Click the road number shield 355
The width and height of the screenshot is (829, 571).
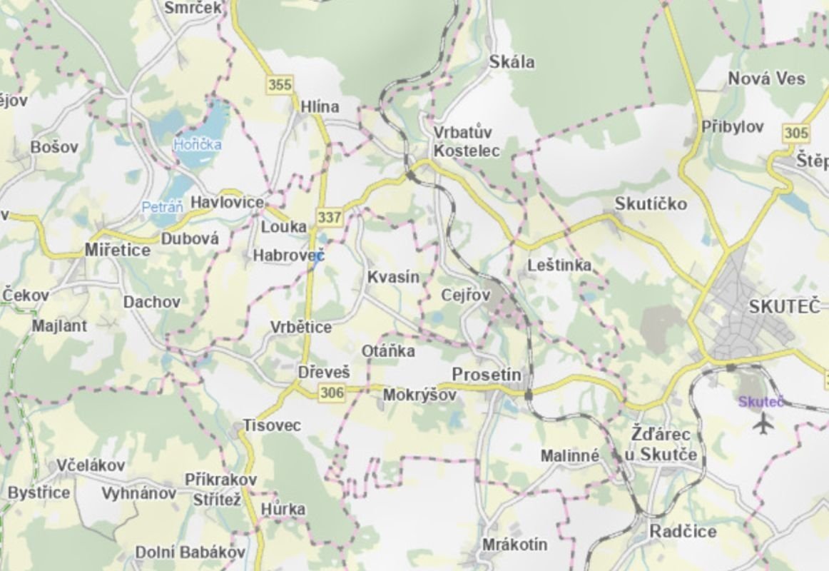pyautogui.click(x=280, y=85)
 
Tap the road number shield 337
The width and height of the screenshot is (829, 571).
pyautogui.click(x=330, y=216)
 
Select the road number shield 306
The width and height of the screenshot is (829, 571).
pyautogui.click(x=332, y=392)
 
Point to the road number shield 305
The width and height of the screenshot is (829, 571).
pyautogui.click(x=796, y=133)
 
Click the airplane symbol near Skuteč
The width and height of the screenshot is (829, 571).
pyautogui.click(x=763, y=424)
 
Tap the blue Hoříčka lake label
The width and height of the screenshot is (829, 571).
pyautogui.click(x=198, y=145)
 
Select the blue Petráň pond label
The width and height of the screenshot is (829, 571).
pyautogui.click(x=163, y=207)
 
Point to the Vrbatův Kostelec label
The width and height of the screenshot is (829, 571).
pyautogui.click(x=467, y=141)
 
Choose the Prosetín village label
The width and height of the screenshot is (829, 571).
pyautogui.click(x=487, y=375)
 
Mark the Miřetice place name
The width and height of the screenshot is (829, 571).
pyautogui.click(x=118, y=250)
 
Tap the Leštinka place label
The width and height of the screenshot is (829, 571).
pyautogui.click(x=559, y=266)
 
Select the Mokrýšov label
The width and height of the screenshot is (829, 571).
pyautogui.click(x=419, y=395)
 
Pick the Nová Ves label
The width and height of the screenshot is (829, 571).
pyautogui.click(x=766, y=79)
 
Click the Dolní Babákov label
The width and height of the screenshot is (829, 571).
pyautogui.click(x=190, y=552)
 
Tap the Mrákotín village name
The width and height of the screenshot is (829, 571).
pyautogui.click(x=515, y=545)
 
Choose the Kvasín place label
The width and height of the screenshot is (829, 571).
pyautogui.click(x=393, y=278)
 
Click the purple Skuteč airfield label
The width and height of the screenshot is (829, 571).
pyautogui.click(x=761, y=402)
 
